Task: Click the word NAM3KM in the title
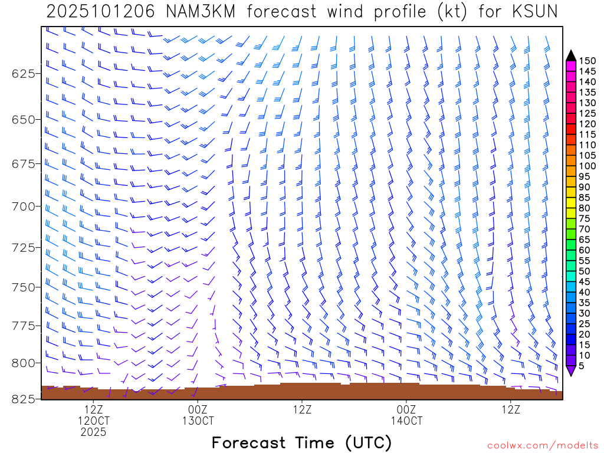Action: tap(191, 11)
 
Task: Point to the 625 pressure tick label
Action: tap(24, 74)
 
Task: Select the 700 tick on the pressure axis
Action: tap(24, 206)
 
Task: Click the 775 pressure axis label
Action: tap(24, 326)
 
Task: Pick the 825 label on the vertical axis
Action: tap(24, 399)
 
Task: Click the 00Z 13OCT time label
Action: tap(198, 415)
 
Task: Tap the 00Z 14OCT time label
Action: tap(406, 415)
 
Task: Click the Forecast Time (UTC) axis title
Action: tap(301, 442)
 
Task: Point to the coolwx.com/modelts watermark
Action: tap(542, 446)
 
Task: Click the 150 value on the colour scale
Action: tap(587, 61)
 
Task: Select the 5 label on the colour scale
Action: tap(582, 366)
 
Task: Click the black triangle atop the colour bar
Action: tap(570, 55)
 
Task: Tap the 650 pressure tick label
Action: tap(24, 119)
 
